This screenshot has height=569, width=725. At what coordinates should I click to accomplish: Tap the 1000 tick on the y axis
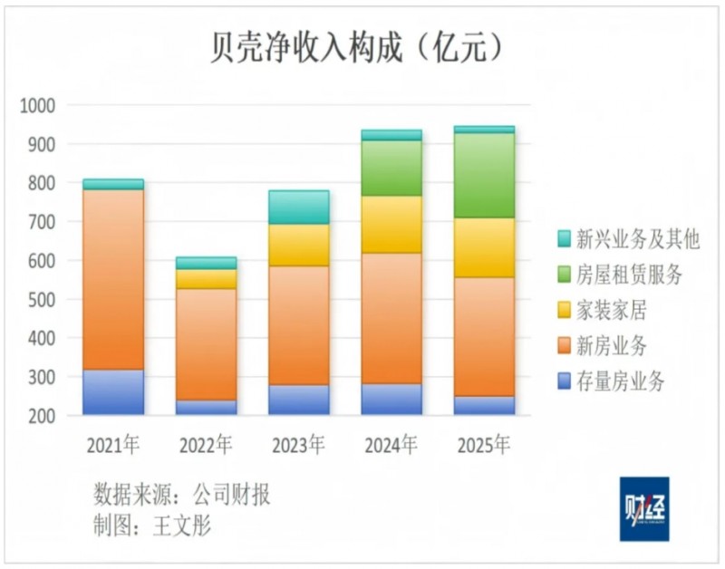click(x=37, y=106)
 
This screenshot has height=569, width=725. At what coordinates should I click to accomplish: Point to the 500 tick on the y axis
click(x=37, y=300)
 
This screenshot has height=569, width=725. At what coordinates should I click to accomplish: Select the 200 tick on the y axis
click(x=37, y=416)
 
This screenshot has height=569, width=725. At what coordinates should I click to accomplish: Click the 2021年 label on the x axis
click(x=113, y=445)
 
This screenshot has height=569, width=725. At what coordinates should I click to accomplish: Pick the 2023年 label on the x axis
click(x=299, y=445)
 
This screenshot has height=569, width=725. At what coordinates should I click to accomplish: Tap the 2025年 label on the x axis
click(x=484, y=445)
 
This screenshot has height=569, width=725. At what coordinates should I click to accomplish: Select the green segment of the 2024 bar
click(x=391, y=168)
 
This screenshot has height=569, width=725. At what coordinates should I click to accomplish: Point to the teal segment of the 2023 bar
click(x=299, y=207)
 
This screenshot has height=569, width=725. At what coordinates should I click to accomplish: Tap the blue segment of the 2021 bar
click(x=113, y=391)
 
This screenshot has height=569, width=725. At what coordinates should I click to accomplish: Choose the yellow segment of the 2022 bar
click(x=207, y=279)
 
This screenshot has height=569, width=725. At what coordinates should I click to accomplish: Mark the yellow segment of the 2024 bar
click(x=391, y=224)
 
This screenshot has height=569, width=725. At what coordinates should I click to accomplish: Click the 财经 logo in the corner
click(x=644, y=508)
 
